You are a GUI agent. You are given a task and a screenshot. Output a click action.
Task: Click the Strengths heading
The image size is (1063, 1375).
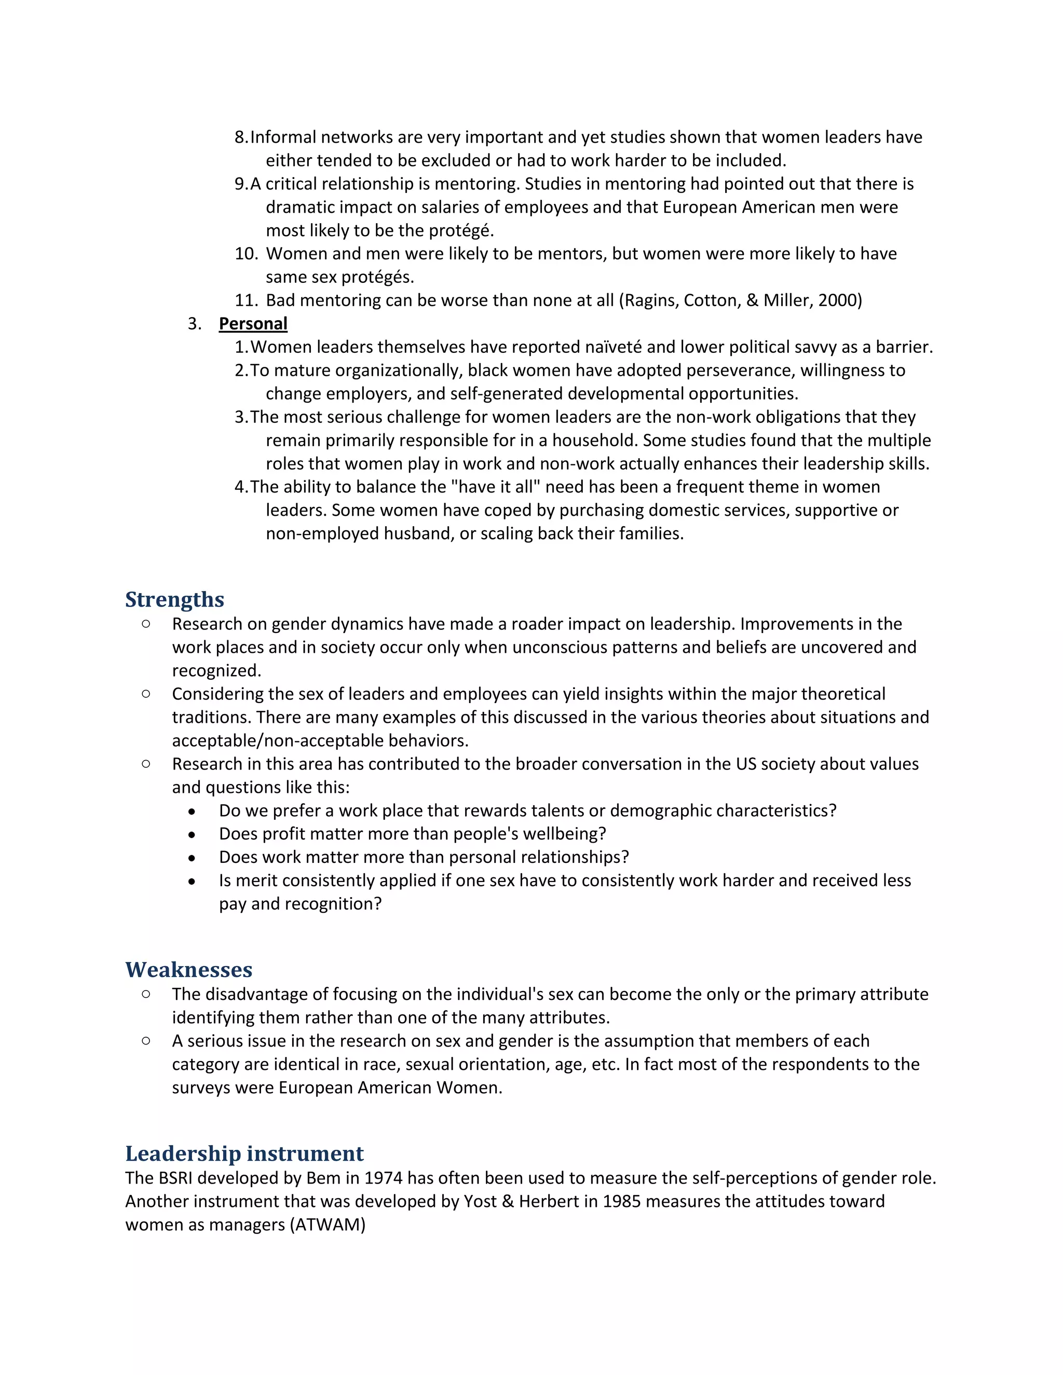coord(174,599)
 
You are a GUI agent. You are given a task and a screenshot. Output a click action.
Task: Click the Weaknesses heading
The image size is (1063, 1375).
coord(188,970)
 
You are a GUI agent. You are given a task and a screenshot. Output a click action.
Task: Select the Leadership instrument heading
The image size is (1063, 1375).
coord(244,1153)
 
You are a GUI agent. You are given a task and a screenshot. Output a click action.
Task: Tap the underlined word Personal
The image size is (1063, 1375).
coord(253,324)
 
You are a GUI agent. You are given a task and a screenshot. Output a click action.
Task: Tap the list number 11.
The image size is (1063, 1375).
coord(246,300)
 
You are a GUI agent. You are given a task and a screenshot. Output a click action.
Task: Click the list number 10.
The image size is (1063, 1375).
coord(246,254)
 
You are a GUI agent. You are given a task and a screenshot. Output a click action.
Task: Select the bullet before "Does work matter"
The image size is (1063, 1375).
coord(192,858)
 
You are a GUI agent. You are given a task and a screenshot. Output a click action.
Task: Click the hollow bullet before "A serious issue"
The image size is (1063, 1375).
coord(146,1041)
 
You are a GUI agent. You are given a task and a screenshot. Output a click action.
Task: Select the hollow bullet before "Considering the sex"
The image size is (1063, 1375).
coord(146,694)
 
